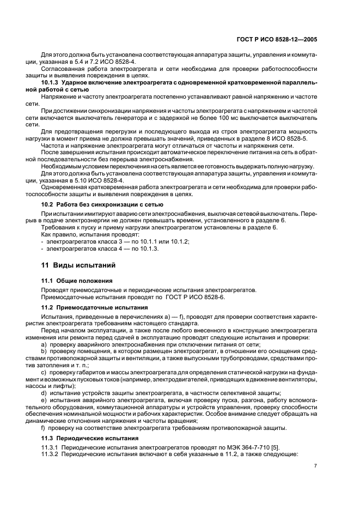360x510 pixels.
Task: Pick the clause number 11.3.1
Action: (50, 447)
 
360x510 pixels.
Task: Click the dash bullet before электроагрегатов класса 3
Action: (42, 241)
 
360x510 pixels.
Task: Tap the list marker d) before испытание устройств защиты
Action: (44, 393)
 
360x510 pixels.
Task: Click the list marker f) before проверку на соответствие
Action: (44, 428)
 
